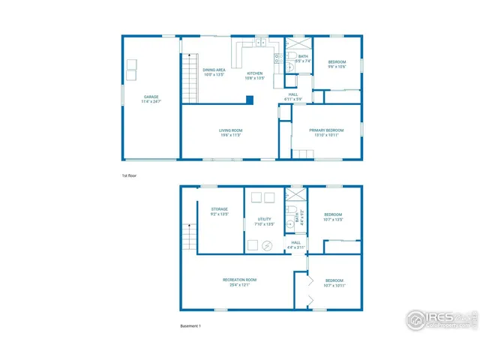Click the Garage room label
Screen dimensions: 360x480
[x=152, y=98]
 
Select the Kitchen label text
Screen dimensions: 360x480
[x=254, y=75]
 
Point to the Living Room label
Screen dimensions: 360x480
[x=230, y=133]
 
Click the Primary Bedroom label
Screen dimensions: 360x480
[x=326, y=133]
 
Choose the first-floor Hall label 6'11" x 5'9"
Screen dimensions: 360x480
[x=293, y=97]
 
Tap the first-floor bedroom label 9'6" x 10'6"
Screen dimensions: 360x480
[x=336, y=64]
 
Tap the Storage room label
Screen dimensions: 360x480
[x=219, y=211]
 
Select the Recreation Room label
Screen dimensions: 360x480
[x=235, y=282]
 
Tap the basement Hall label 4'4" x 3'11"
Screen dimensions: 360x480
[x=295, y=244]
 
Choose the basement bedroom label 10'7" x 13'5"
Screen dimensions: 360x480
[x=334, y=217]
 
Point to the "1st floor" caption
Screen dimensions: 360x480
[x=129, y=175]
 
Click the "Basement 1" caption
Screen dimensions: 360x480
[x=190, y=326]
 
